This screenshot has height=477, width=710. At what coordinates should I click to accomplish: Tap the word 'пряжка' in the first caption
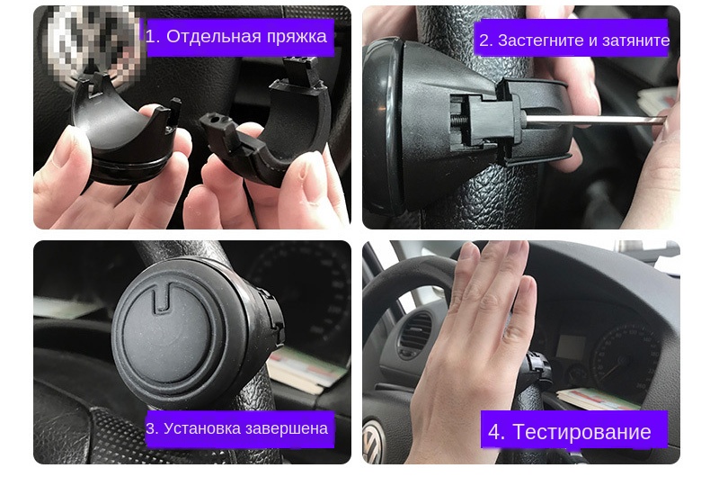pyautogui.click(x=297, y=37)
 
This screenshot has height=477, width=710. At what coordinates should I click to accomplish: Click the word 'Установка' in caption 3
pyautogui.click(x=200, y=428)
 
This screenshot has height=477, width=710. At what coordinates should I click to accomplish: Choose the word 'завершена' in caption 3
pyautogui.click(x=285, y=428)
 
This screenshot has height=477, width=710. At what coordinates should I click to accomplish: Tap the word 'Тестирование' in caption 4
pyautogui.click(x=581, y=432)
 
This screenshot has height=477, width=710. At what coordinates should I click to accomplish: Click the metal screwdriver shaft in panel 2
pyautogui.click(x=593, y=119)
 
